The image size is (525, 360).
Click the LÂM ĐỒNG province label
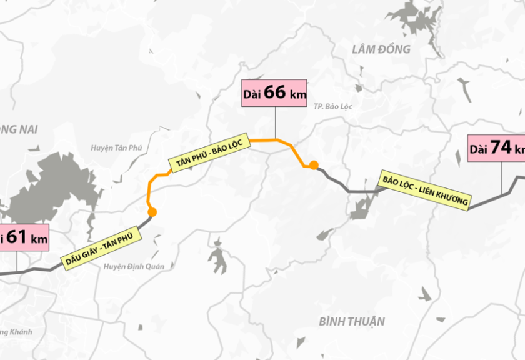click(381, 49)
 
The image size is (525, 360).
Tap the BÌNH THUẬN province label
click(352, 322)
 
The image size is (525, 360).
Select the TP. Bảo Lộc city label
click(334, 107)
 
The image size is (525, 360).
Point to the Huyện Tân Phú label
click(116, 148)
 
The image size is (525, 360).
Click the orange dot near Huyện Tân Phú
click(152, 212)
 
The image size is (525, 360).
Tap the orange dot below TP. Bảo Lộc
click(314, 165)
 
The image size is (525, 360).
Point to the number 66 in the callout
click(275, 92)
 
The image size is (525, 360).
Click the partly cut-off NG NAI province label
click(19, 130)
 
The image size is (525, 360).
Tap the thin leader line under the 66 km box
click(276, 122)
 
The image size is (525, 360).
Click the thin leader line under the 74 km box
click(502, 178)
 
